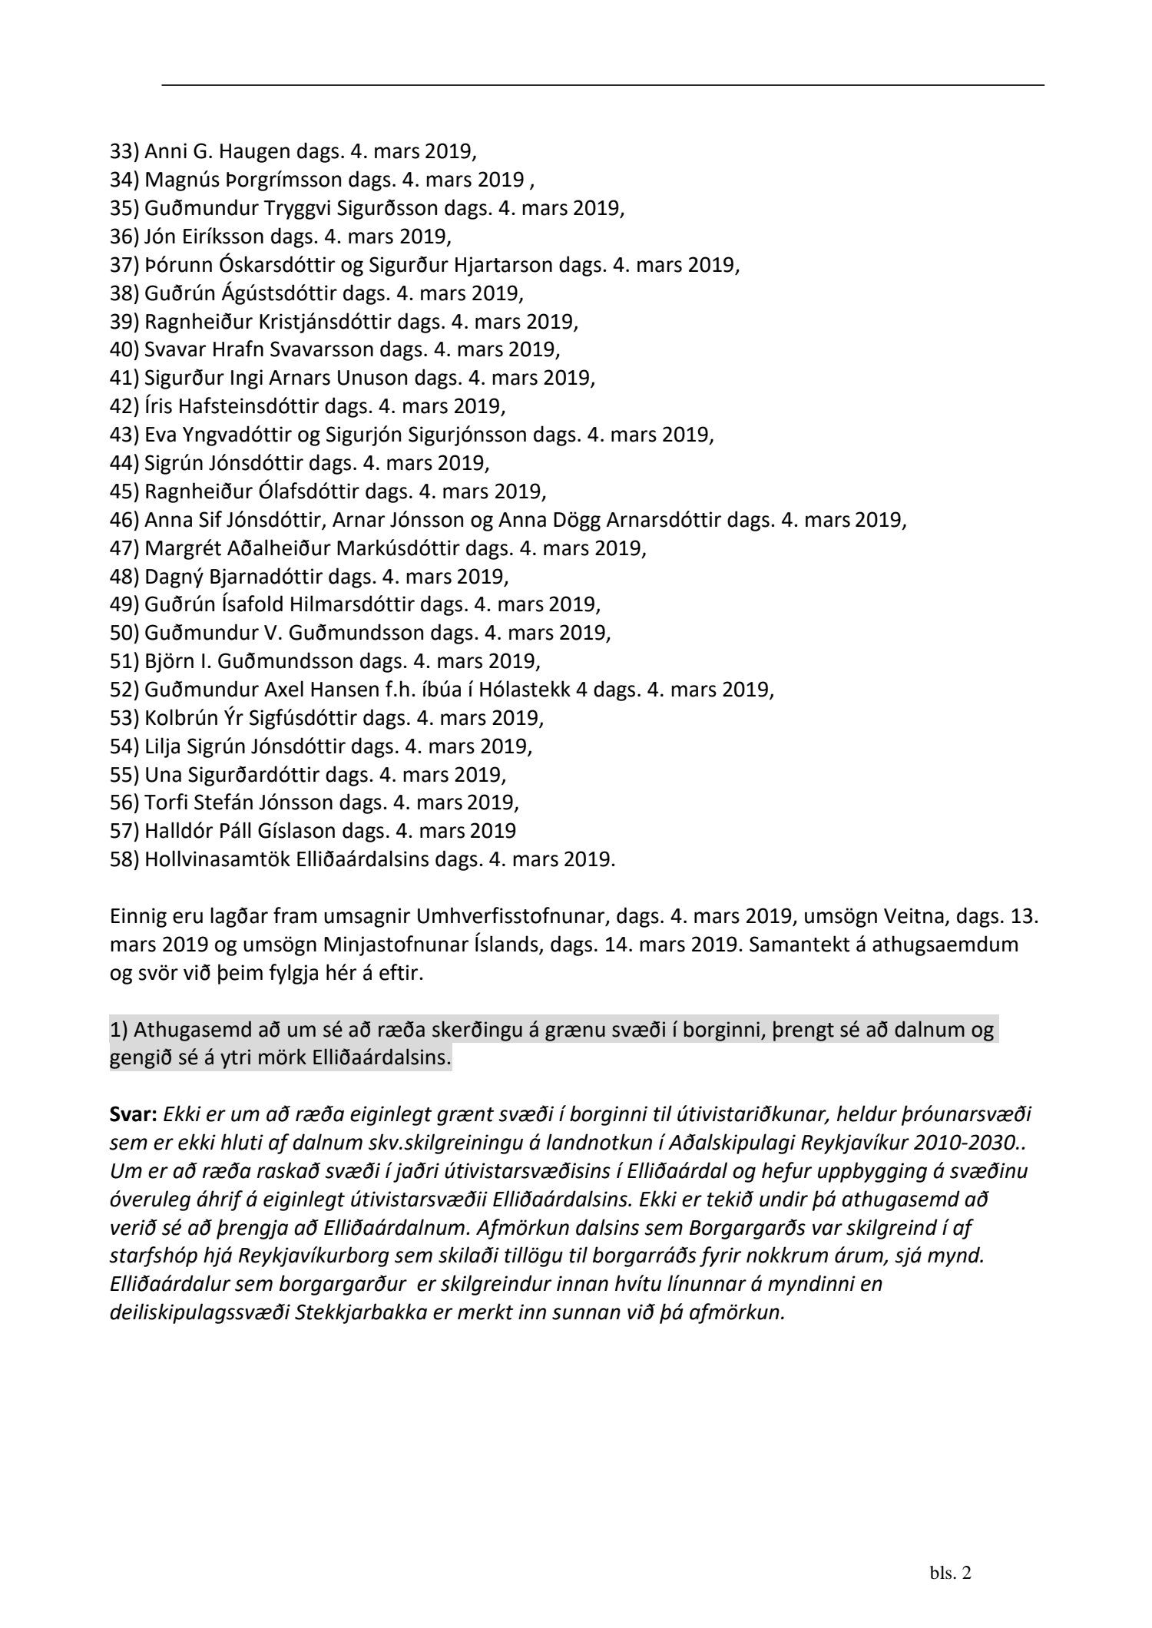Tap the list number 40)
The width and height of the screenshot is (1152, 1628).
coord(124,349)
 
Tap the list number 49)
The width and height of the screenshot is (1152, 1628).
coord(124,604)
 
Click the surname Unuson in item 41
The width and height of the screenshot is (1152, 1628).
coord(426,378)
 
